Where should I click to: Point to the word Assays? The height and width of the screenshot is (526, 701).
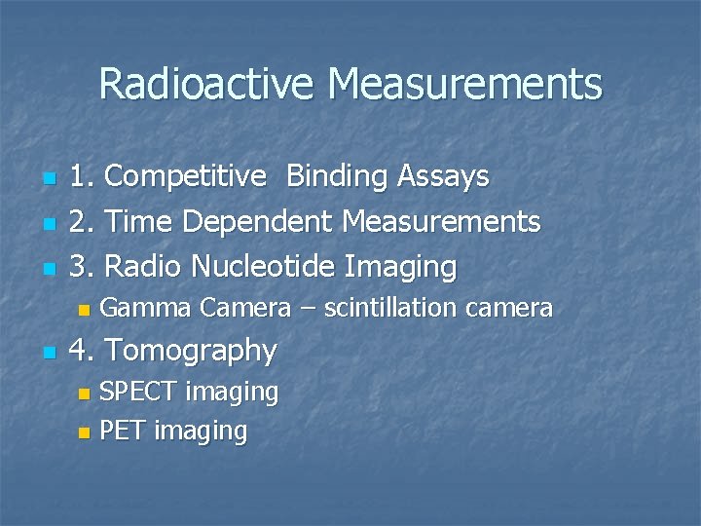click(443, 176)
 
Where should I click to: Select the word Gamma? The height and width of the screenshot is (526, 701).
click(146, 309)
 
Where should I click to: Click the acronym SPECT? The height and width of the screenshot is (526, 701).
click(139, 392)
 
